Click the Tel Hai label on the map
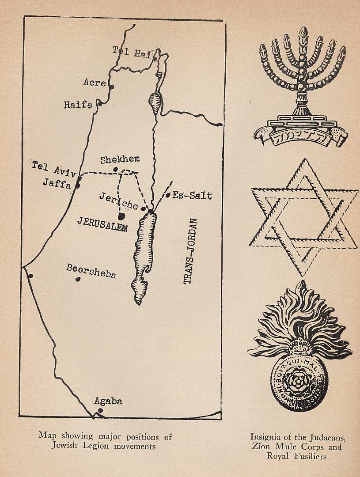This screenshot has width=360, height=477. tap(132, 52)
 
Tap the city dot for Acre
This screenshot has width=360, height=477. tap(112, 87)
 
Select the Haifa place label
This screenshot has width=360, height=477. tap(78, 105)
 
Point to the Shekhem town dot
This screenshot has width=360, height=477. tap(115, 169)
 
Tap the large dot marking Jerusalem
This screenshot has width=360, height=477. tap(121, 216)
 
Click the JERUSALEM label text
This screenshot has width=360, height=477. tap(102, 224)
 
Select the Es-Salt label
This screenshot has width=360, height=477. tap(192, 195)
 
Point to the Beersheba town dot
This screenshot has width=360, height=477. tap(78, 279)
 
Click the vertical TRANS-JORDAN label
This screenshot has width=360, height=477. tap(190, 250)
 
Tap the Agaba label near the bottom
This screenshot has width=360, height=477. tap(108, 401)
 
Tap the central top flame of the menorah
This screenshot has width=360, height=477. tap(303, 34)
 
